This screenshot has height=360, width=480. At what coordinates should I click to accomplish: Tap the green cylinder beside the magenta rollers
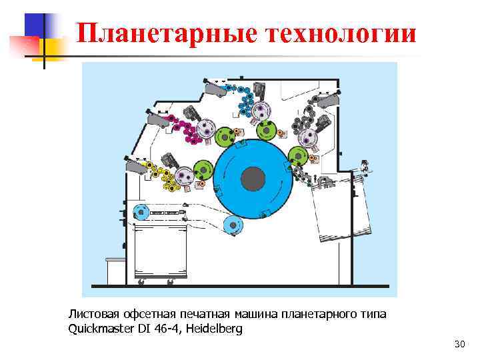pos(225,137)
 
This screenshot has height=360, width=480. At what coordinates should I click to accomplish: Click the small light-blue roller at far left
pos(140,213)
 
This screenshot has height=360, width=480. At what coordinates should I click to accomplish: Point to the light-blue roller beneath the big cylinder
pos(233,226)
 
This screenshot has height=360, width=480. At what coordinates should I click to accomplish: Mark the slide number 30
pos(459,344)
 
